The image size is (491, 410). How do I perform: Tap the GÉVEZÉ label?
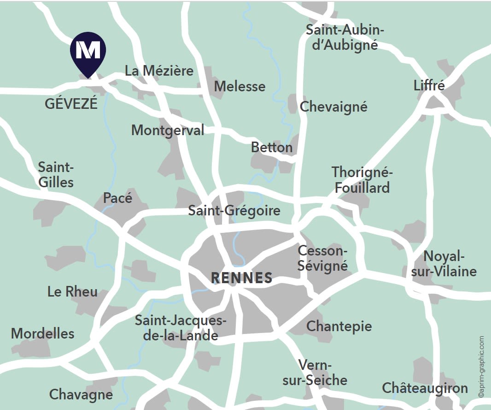point(71,104)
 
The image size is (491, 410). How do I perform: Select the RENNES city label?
point(241,278)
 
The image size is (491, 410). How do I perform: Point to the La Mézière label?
point(159,71)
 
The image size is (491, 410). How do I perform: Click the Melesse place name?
point(240,86)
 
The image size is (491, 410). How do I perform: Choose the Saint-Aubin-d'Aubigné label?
point(345,38)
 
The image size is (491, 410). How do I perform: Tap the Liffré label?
point(429,86)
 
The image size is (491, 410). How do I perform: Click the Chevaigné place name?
point(333,107)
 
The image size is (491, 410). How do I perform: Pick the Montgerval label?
point(168,130)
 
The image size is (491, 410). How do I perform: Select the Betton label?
point(272,148)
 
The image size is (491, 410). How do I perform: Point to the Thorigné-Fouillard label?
point(362,180)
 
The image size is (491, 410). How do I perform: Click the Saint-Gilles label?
point(56,174)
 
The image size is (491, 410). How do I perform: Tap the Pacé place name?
point(117,198)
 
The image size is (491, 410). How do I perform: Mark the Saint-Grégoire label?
point(234,211)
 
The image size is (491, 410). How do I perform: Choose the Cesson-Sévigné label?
point(322,258)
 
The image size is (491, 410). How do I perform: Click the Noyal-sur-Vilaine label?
point(444,263)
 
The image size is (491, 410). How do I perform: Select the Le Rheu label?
point(72,291)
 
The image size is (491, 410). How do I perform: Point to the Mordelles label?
point(42,333)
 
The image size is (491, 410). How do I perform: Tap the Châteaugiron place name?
point(425,388)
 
